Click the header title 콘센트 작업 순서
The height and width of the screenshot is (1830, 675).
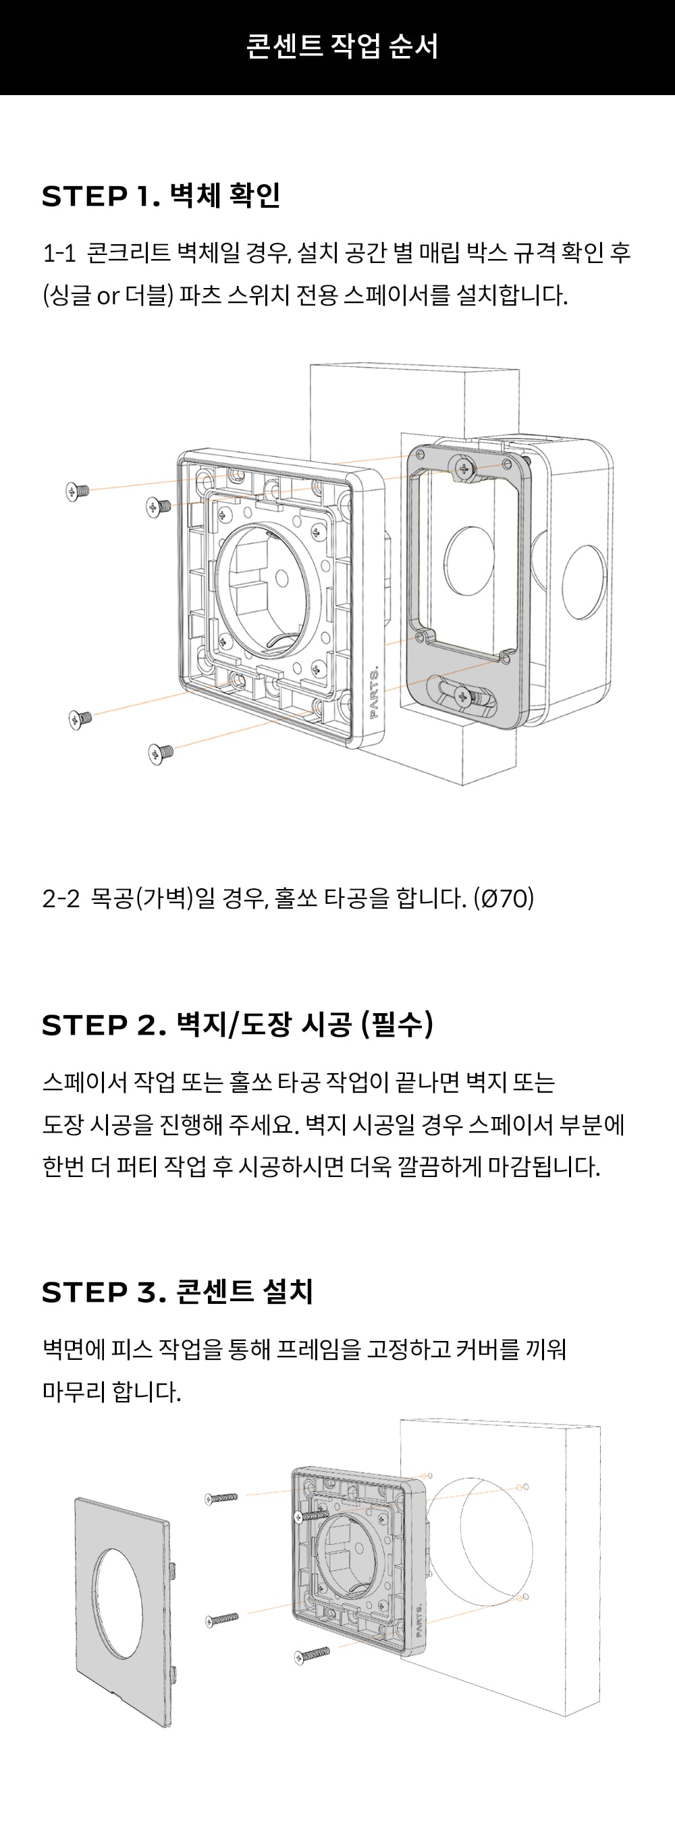(342, 46)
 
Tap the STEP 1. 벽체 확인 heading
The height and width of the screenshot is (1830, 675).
(161, 196)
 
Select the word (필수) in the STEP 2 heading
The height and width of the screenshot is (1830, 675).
(396, 1025)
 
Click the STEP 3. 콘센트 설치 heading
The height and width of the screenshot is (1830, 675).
(177, 1292)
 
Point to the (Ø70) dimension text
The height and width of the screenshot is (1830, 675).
(504, 898)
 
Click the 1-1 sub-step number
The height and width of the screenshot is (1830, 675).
(59, 253)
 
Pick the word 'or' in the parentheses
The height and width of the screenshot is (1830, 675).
(107, 295)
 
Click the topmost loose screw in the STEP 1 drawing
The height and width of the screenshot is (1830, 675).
(76, 491)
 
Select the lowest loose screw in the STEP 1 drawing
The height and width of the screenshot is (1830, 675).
(160, 751)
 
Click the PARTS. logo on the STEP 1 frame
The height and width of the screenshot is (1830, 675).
(375, 693)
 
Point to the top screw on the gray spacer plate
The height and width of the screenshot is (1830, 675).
(465, 468)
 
